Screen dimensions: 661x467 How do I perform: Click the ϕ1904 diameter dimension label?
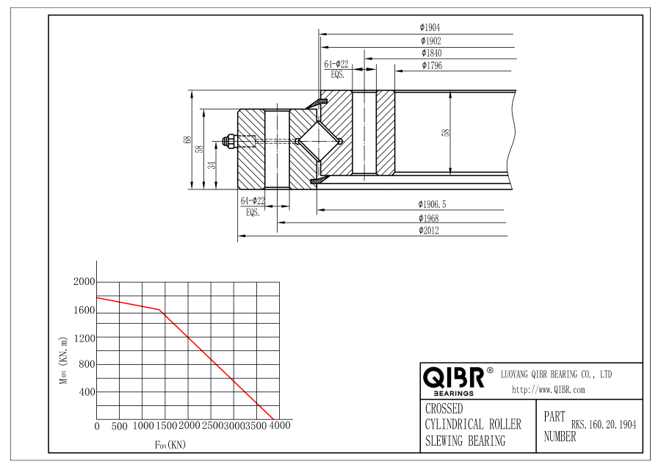430,27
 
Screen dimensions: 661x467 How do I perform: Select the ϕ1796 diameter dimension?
432,65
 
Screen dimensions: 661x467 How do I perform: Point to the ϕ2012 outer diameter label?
428,230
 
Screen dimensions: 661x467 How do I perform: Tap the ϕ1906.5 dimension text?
432,204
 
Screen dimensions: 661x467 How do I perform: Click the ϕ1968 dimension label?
428,218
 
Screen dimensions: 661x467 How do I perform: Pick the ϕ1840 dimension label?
431,53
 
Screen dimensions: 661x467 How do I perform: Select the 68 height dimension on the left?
187,140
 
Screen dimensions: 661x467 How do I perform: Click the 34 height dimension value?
212,164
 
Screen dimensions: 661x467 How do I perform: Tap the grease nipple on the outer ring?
229,141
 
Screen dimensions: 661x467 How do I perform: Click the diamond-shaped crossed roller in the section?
319,141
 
